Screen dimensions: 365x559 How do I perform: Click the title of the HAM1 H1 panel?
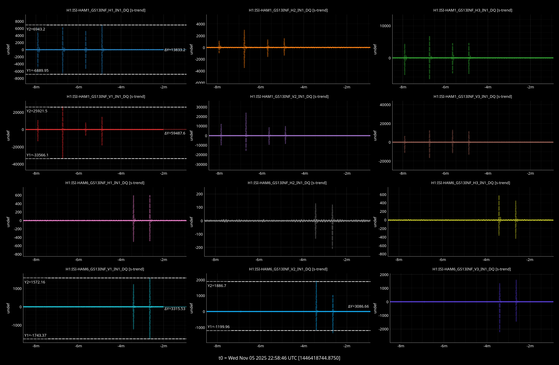[106, 10]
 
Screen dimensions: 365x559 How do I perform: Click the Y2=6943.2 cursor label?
[36, 29]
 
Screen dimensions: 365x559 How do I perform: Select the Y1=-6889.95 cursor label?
[38, 71]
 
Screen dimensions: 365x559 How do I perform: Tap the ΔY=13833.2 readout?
[175, 50]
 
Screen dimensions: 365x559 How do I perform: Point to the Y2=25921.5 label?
[37, 111]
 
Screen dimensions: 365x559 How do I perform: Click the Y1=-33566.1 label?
[38, 155]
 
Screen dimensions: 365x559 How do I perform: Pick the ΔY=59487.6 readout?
[175, 133]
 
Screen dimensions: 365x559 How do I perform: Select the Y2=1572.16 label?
[35, 282]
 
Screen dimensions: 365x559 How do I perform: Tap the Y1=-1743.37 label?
[35, 335]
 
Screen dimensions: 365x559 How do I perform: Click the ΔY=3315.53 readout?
[175, 309]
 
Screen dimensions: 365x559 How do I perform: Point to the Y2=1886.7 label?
[217, 286]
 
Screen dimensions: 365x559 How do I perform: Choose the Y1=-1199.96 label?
[218, 327]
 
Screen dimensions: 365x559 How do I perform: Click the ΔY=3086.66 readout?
[358, 306]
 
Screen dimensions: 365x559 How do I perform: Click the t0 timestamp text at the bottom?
[279, 358]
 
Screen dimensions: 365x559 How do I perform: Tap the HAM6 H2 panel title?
[287, 183]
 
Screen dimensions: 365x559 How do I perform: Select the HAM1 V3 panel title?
[473, 97]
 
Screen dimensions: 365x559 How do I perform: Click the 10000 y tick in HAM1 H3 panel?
[385, 26]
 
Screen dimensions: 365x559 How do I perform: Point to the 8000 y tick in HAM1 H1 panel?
[20, 22]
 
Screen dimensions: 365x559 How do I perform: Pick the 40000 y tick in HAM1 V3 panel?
[385, 105]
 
